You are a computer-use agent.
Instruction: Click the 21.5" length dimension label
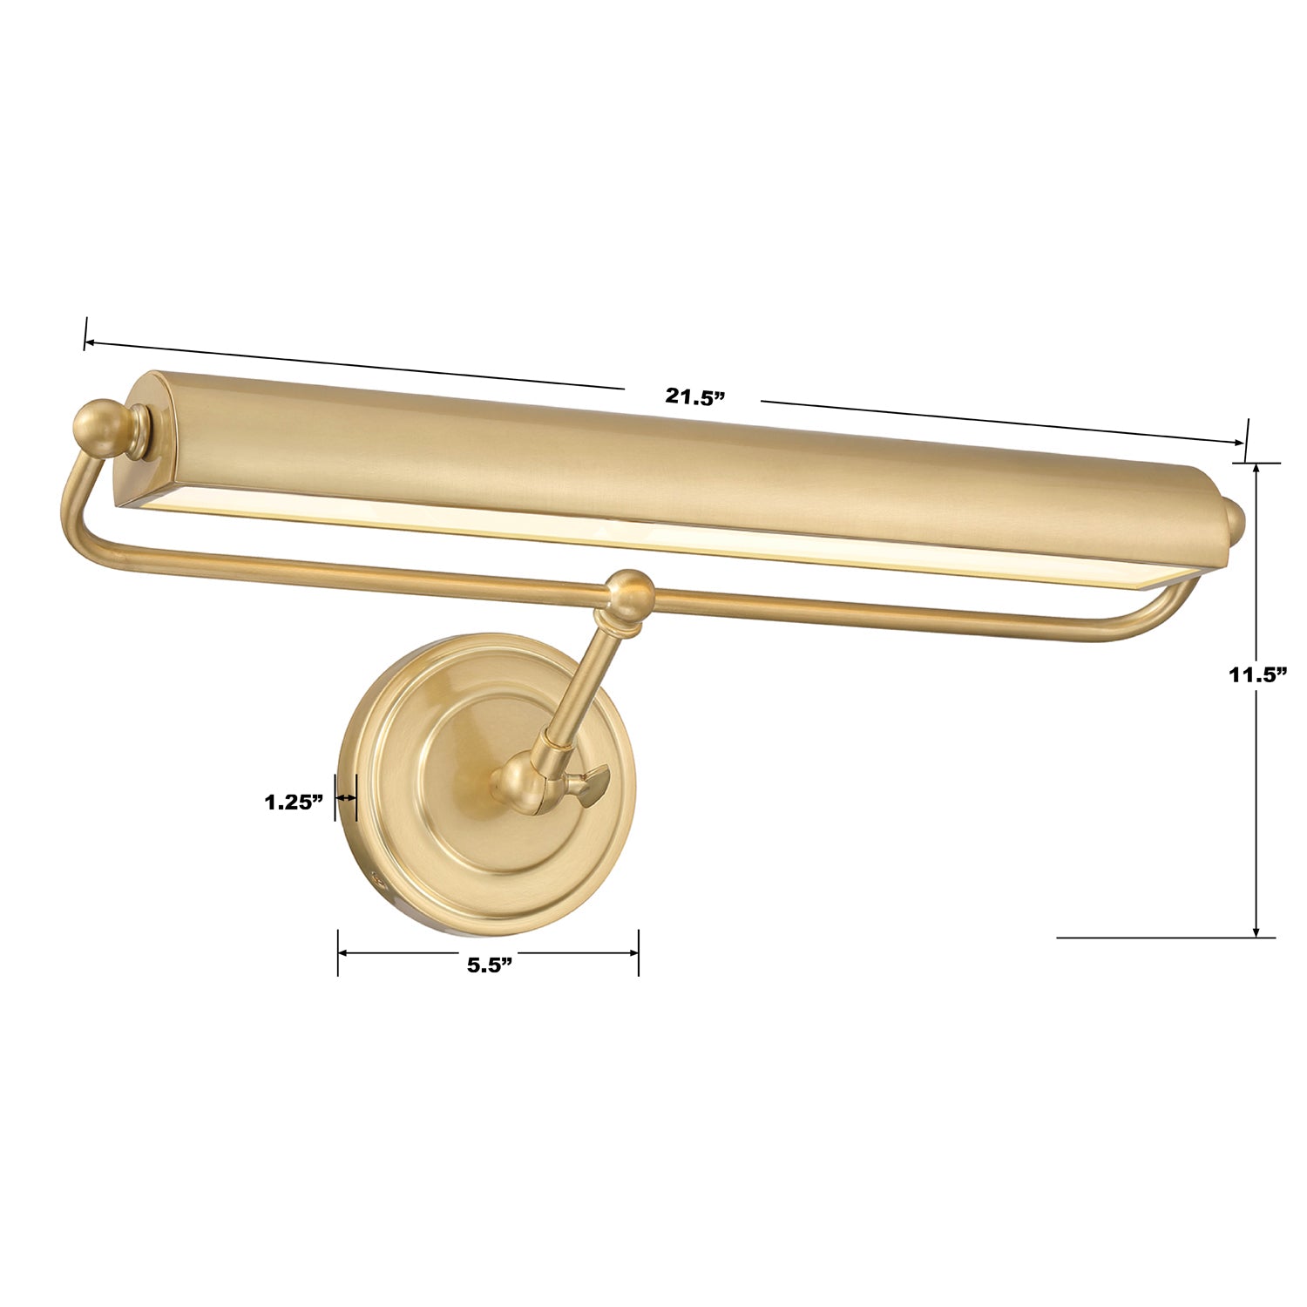point(695,396)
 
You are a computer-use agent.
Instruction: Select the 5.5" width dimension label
point(489,965)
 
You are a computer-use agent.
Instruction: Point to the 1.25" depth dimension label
point(295,802)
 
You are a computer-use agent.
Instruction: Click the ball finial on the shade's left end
point(101,427)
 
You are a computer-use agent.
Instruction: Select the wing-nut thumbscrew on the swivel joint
point(591,784)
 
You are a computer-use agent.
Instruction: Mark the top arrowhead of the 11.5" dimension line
point(1256,469)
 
